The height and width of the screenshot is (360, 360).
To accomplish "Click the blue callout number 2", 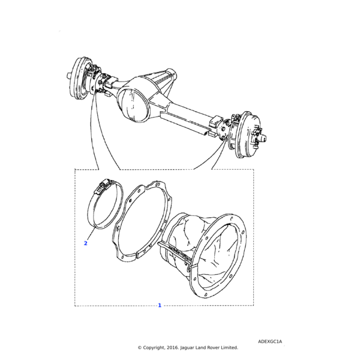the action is pyautogui.click(x=86, y=243).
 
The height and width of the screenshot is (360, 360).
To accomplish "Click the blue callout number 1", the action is pyautogui.click(x=160, y=305).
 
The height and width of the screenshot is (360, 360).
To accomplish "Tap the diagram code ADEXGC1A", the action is pyautogui.click(x=270, y=341).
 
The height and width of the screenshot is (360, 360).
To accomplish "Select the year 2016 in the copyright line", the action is pyautogui.click(x=173, y=347).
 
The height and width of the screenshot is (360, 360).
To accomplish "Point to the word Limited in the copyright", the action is pyautogui.click(x=229, y=347).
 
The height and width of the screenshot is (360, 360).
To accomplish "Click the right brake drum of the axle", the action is pyautogui.click(x=249, y=135).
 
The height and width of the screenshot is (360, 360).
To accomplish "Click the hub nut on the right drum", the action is pyautogui.click(x=263, y=138).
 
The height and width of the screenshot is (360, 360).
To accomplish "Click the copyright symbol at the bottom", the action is pyautogui.click(x=139, y=348).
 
